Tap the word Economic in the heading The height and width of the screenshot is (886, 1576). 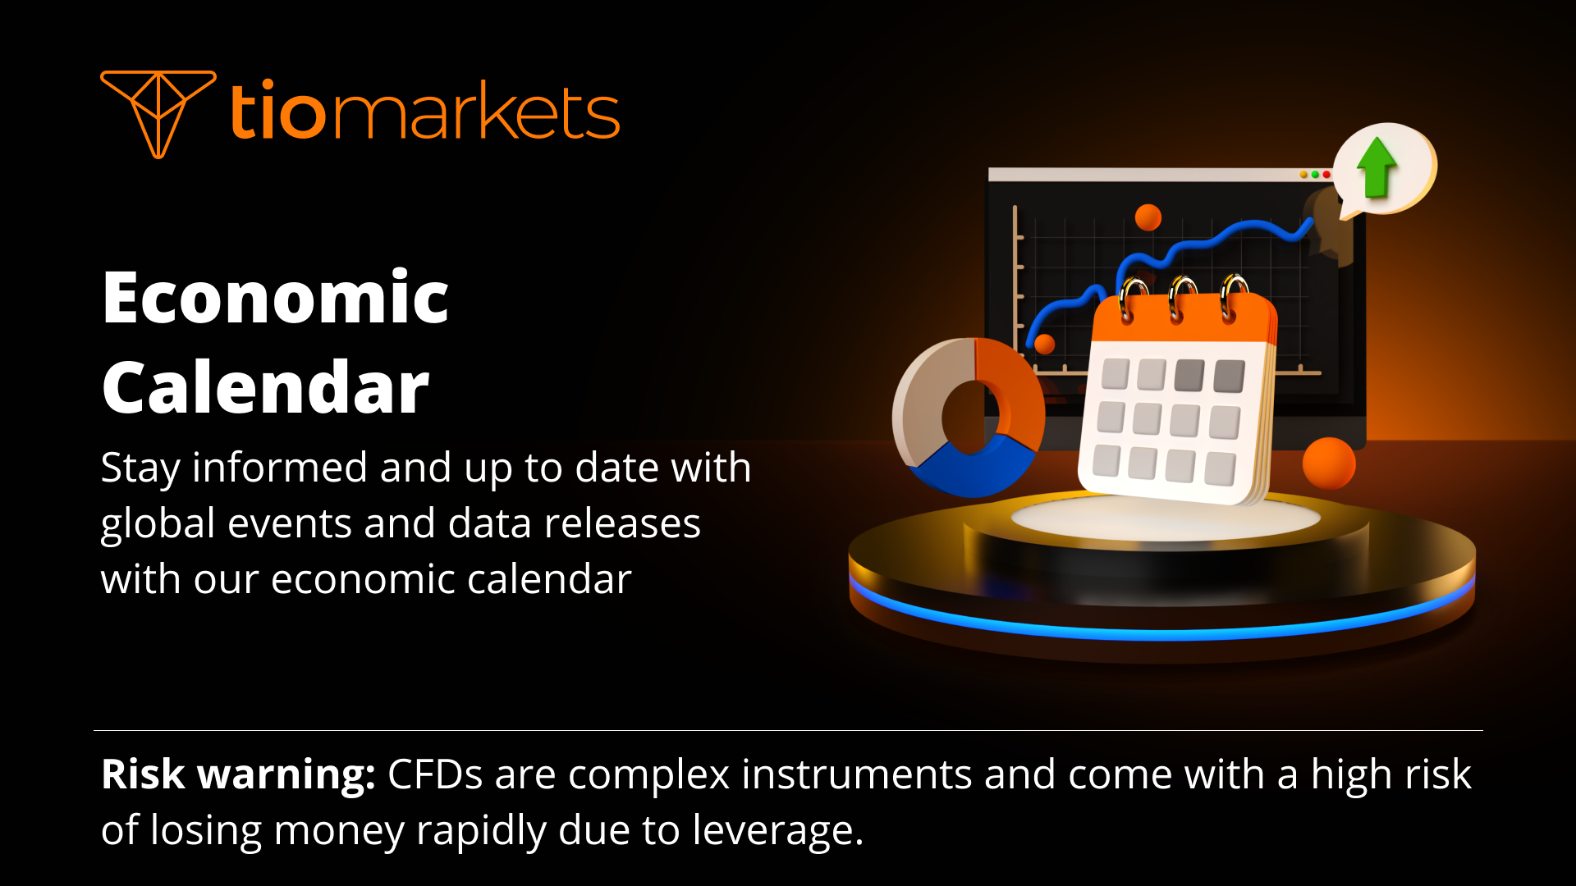275,299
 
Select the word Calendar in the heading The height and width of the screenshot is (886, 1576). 265,389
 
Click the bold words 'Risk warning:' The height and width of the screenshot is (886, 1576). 238,774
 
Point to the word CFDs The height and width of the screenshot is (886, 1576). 434,774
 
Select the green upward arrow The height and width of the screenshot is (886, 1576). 1377,167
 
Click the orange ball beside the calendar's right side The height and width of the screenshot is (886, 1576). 1328,464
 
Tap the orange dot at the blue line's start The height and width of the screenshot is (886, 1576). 1044,344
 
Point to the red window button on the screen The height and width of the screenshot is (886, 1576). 1326,175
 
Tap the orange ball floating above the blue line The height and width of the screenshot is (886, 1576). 1148,217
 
